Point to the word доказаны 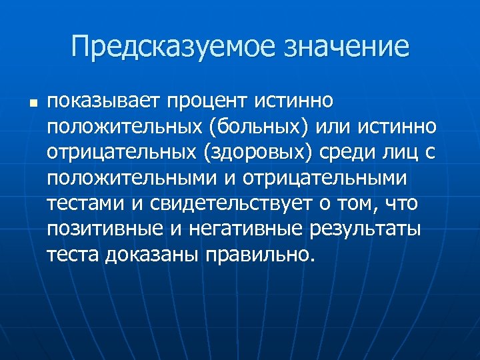[151, 254]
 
